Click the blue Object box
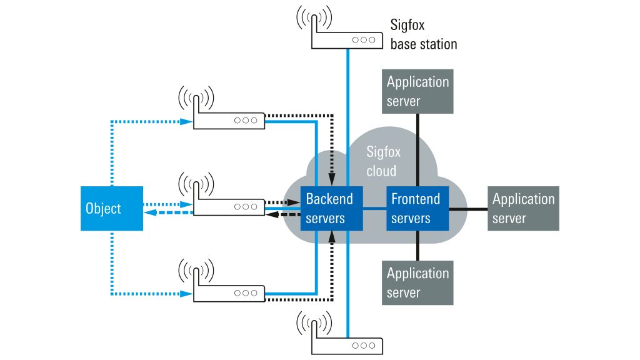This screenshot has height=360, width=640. pos(112,209)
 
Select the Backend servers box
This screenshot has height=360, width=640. pos(331,209)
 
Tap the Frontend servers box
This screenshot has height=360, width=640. pos(417,209)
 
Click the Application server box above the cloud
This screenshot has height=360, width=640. pos(417,91)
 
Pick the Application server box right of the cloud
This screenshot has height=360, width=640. pos(523,209)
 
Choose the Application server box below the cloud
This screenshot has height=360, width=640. pos(417,283)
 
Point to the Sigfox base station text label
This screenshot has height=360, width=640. pos(424,34)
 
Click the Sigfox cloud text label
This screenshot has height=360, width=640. pos(383,161)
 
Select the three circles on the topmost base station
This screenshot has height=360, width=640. pos(364,40)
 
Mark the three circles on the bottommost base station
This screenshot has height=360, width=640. pos(364,346)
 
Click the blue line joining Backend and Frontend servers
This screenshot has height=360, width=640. pos(375,209)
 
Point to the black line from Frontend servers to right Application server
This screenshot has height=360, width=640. pos(468,209)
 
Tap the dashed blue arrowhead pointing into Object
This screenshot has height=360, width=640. pos(150,212)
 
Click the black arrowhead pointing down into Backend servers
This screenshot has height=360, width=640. pos(332,179)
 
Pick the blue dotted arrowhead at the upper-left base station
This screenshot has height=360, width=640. pos(186,122)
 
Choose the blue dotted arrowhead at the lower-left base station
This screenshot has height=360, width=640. pos(186,294)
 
